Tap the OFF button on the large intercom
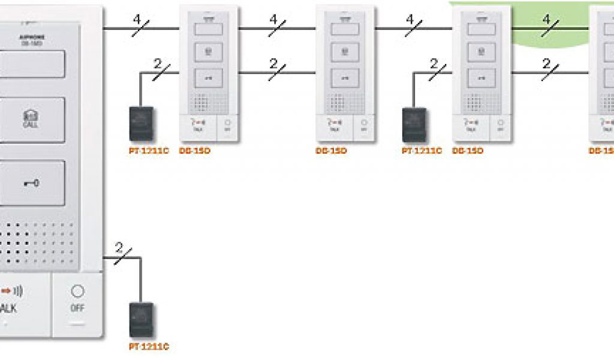coord(77,298)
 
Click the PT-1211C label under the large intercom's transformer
coord(149,347)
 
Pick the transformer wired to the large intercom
coord(142,319)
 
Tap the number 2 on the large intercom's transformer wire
coord(119,247)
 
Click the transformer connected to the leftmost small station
coord(142,124)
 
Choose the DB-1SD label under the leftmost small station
coord(195,151)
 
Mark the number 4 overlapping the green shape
coord(546,19)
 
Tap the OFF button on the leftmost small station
coord(227,124)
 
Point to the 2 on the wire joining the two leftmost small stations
coord(273,63)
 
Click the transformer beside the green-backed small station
coord(414,124)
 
